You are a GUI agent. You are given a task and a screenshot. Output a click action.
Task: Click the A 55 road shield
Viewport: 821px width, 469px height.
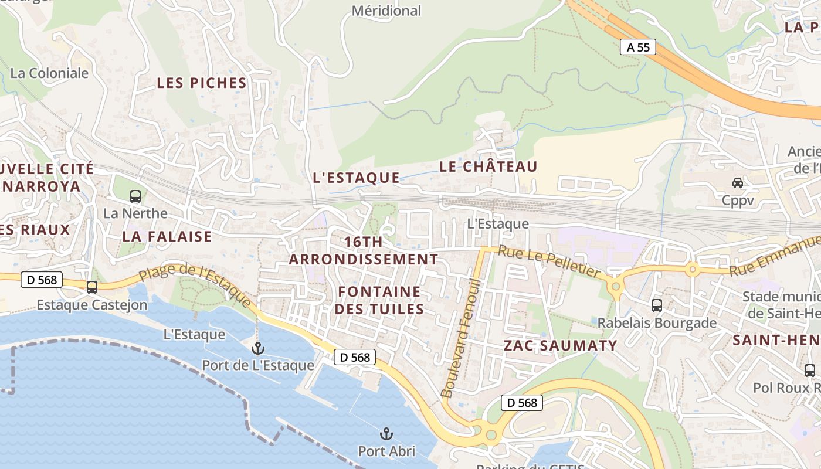coord(638,47)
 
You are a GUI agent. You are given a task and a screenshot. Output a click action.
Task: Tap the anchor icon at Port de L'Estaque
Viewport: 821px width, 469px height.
coord(257,348)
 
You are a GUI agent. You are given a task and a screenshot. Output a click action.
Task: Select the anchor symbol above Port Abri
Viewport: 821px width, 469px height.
coord(386,434)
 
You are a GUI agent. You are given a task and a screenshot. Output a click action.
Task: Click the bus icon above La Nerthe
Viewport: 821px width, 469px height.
coord(135,196)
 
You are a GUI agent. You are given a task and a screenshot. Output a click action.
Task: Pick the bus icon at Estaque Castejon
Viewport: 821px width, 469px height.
coord(92,287)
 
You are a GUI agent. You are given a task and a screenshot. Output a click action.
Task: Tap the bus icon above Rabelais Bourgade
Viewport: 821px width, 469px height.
coord(657,305)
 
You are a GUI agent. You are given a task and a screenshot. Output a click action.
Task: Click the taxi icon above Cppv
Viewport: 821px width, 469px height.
coord(738,183)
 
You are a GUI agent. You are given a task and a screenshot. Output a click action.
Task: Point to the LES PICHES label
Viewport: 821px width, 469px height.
coord(202,83)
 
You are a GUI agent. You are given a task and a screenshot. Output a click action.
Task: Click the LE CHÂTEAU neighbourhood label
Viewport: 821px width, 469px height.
coord(488,166)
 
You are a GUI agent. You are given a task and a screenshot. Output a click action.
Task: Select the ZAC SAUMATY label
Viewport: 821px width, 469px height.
coord(561,345)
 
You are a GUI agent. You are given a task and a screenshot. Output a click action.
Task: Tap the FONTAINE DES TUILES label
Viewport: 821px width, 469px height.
coord(379,300)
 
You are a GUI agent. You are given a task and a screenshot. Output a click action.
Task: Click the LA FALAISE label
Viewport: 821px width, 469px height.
coord(167,236)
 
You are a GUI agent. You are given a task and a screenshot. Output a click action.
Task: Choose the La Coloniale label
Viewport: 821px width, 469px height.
coord(50,73)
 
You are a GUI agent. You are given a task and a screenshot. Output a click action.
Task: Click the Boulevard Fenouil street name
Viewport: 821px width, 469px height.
coord(461,339)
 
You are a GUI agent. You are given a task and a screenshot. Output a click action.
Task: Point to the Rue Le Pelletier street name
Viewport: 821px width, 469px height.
coord(549,261)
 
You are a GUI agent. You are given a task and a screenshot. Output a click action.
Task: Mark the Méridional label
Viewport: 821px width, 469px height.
coord(386,11)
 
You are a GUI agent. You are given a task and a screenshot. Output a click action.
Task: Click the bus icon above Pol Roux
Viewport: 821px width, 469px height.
coord(810,370)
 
